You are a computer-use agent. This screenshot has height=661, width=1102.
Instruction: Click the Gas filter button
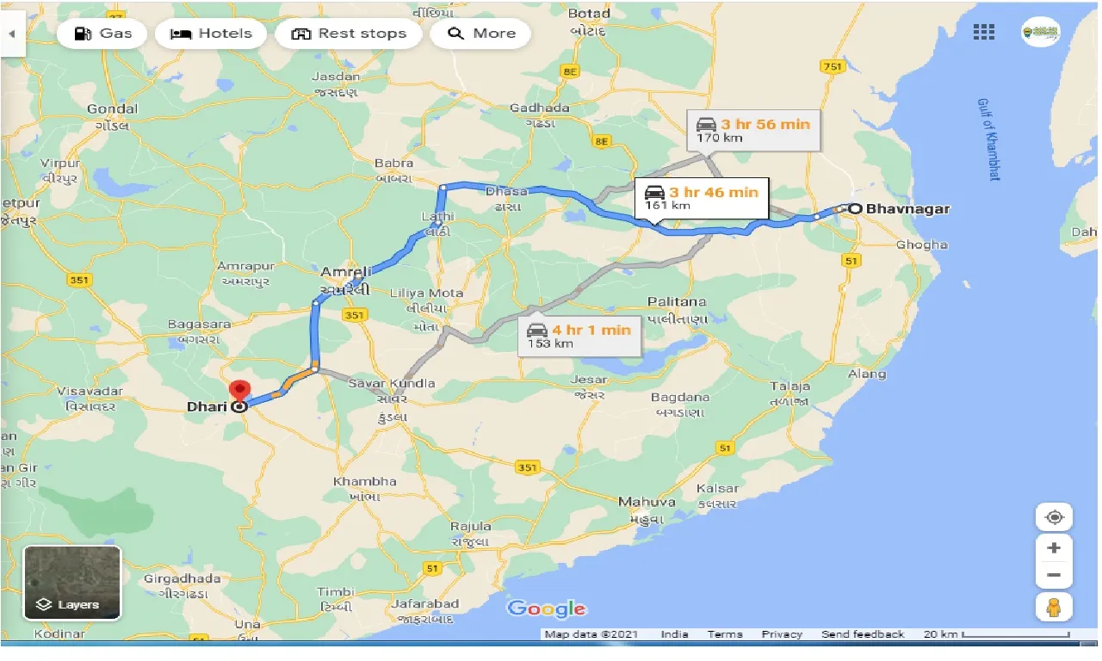pos(103,34)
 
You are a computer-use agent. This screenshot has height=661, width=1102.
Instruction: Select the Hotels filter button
pos(211,34)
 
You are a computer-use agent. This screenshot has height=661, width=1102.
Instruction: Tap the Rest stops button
pos(349,34)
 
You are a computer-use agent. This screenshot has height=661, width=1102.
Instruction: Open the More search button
pos(480,34)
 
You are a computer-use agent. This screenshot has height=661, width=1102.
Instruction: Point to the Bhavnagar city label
pos(907,208)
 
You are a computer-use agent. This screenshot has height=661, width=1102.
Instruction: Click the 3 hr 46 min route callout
pos(702,197)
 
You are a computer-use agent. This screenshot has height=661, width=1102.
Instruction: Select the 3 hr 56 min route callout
pos(753,129)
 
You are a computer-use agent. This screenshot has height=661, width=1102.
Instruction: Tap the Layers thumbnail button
pos(72,583)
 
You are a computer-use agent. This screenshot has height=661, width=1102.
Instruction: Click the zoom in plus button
pos(1054,547)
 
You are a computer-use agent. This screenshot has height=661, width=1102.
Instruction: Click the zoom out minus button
pos(1054,575)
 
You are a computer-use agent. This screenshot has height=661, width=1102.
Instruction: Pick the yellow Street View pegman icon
pos(1054,607)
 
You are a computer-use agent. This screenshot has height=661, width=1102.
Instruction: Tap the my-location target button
pos(1054,517)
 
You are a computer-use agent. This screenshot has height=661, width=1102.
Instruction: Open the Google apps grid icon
pos(983,33)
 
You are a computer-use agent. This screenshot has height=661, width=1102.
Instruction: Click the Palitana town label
pos(678,301)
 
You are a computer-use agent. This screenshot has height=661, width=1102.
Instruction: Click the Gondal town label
pos(112,108)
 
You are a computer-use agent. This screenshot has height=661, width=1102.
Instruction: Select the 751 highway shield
pos(832,68)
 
